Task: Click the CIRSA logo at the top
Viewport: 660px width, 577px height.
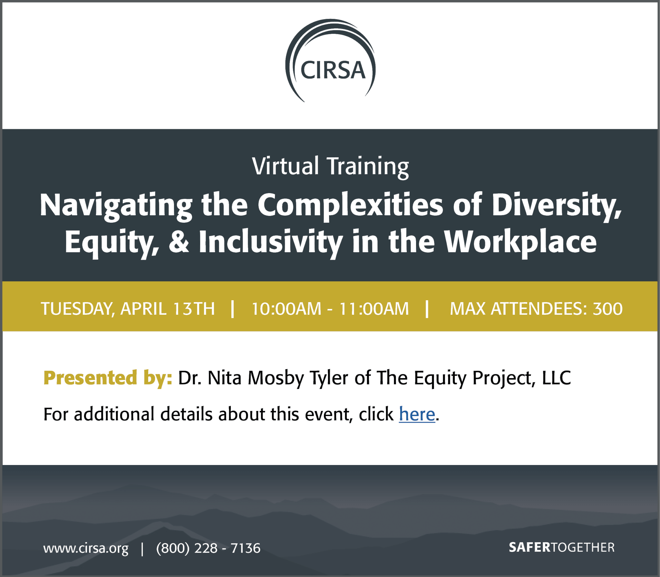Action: coord(330,60)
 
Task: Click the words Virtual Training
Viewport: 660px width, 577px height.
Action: coord(330,167)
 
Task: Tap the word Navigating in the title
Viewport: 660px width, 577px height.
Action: coord(116,206)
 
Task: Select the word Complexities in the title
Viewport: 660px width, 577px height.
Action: coord(351,206)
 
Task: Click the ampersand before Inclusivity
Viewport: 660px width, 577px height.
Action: coord(179,241)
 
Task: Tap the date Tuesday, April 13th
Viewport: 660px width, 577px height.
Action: coord(128,309)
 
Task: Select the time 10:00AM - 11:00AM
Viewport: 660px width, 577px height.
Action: coord(330,309)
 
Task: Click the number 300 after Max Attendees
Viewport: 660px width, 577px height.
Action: coord(608,309)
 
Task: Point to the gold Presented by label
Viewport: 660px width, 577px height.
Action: coord(108,378)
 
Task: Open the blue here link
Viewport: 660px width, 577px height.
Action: coord(417,414)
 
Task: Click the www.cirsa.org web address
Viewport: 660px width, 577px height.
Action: coord(86,548)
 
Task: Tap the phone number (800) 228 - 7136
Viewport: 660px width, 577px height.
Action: coord(208,548)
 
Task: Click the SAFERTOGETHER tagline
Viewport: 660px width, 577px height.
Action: coord(562,547)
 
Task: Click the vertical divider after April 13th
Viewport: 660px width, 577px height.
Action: coord(233,309)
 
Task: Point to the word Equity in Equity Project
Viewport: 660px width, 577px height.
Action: coord(440,378)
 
